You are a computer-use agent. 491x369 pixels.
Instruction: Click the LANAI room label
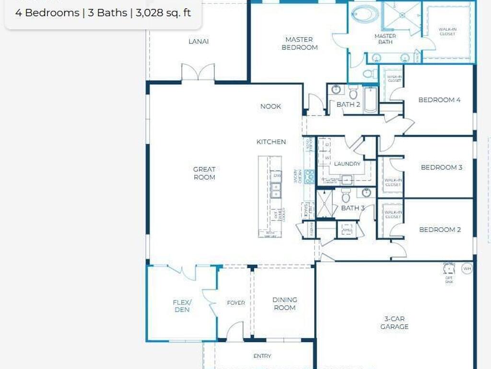click(199, 41)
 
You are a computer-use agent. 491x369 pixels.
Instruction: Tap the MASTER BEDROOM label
click(299, 43)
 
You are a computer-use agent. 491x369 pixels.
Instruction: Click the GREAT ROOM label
click(204, 173)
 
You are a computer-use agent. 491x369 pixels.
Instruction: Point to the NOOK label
click(270, 106)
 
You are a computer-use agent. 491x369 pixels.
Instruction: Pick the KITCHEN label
click(271, 142)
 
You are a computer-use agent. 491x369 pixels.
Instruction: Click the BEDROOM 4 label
click(439, 100)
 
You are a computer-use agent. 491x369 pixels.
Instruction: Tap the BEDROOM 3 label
click(441, 167)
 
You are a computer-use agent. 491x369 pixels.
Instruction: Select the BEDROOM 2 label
click(440, 230)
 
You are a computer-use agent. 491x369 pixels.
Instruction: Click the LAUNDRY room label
click(347, 164)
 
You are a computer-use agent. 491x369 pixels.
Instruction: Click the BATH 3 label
click(353, 208)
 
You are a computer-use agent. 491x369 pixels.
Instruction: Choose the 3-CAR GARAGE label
click(394, 322)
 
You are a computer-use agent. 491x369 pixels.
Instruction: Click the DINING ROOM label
click(285, 303)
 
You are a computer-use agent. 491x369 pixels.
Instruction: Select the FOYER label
click(236, 303)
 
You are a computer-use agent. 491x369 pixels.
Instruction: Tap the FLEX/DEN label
click(182, 306)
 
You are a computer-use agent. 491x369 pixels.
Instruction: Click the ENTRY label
click(262, 356)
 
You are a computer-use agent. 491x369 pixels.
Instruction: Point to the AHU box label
click(347, 230)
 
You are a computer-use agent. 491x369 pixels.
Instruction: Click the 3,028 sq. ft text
click(163, 13)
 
